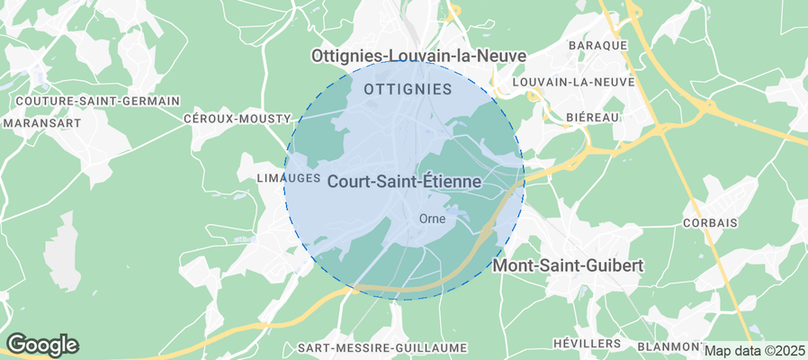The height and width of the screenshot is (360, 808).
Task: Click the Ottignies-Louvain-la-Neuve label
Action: (417, 56)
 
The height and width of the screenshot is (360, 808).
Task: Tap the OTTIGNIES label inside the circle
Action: (408, 89)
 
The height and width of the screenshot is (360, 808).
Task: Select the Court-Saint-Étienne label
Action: (404, 182)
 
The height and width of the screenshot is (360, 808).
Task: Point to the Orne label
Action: (433, 218)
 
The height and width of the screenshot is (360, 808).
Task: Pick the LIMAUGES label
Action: (289, 177)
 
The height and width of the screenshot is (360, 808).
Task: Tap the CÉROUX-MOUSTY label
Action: (237, 119)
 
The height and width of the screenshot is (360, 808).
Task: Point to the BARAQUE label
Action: (597, 45)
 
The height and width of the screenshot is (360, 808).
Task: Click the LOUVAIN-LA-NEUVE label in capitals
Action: (572, 82)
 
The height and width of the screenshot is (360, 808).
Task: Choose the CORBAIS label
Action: (710, 222)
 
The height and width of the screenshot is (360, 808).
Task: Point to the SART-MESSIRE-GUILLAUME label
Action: (382, 347)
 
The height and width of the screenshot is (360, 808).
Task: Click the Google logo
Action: (42, 344)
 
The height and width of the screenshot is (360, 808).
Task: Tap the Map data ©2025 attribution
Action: (755, 351)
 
